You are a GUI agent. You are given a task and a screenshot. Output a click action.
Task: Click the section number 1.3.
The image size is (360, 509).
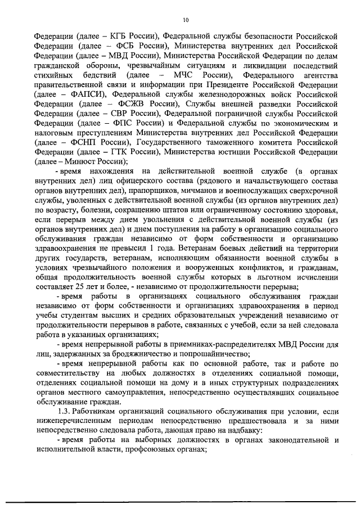tap(64, 412)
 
